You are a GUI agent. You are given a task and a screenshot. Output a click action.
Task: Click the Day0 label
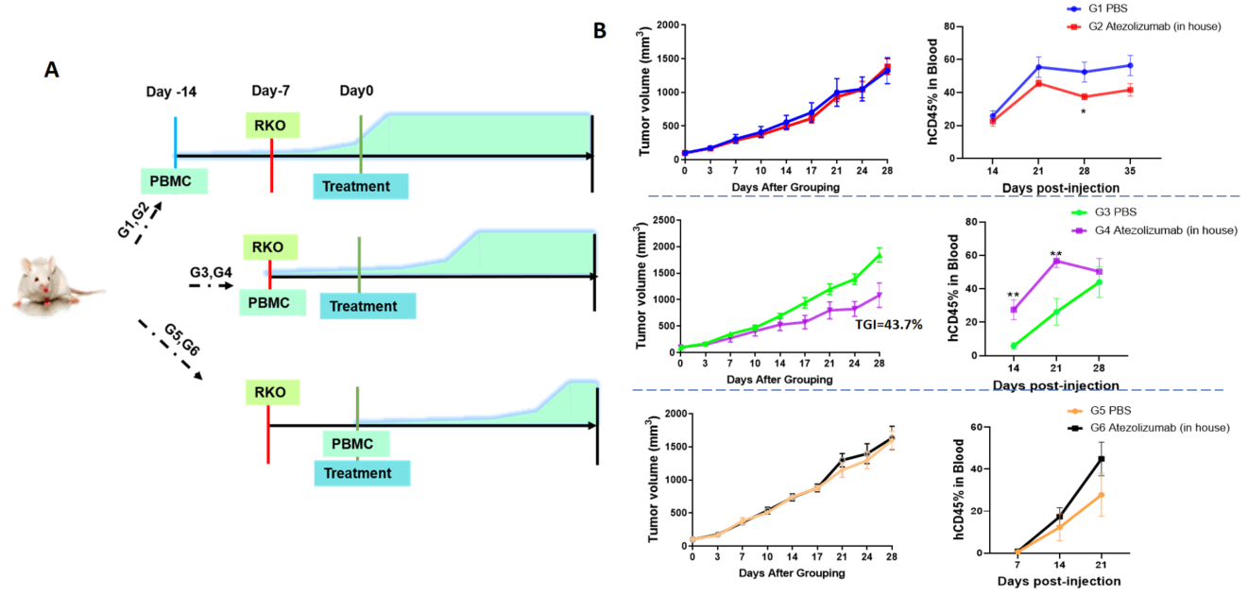pyautogui.click(x=357, y=92)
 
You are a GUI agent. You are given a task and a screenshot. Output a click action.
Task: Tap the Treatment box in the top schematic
pyautogui.click(x=361, y=186)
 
